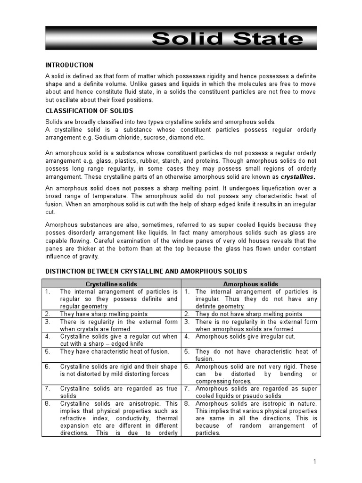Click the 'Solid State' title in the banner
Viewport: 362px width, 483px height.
coord(227,38)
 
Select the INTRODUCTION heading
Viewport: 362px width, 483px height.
coord(69,65)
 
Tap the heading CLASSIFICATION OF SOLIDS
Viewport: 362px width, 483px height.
coord(89,111)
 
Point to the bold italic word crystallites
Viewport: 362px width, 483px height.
coord(298,177)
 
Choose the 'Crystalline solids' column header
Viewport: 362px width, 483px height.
coord(111,284)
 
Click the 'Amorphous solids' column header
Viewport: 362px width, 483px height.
coord(250,284)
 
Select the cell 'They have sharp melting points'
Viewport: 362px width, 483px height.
coord(104,314)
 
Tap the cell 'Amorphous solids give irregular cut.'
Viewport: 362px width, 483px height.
coord(245,336)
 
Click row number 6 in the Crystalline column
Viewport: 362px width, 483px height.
coord(48,366)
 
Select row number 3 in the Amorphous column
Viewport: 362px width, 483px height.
coord(187,322)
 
